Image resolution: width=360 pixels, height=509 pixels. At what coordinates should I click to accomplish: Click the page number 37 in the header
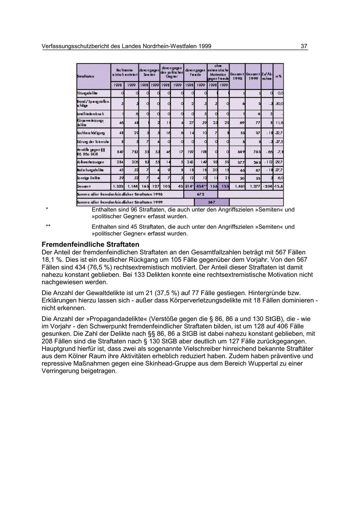click(304, 46)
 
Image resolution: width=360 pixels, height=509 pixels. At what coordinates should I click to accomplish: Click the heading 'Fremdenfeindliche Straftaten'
click(90, 244)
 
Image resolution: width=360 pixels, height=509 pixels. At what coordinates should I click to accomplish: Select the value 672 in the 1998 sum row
click(200, 194)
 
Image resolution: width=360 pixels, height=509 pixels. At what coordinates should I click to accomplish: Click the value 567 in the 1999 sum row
click(211, 202)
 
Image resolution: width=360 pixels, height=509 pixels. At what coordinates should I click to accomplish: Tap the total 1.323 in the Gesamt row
click(118, 186)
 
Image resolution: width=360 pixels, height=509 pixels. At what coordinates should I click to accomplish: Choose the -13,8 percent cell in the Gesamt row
click(278, 186)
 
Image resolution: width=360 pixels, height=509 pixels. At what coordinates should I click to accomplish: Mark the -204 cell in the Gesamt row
click(267, 186)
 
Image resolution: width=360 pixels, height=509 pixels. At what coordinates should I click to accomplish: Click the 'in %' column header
click(278, 76)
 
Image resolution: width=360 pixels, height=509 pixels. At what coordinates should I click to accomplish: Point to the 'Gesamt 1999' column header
click(253, 76)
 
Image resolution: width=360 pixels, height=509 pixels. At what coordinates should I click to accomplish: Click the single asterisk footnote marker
click(47, 210)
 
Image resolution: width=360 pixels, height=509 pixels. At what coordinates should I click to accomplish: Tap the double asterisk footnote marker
click(48, 227)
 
